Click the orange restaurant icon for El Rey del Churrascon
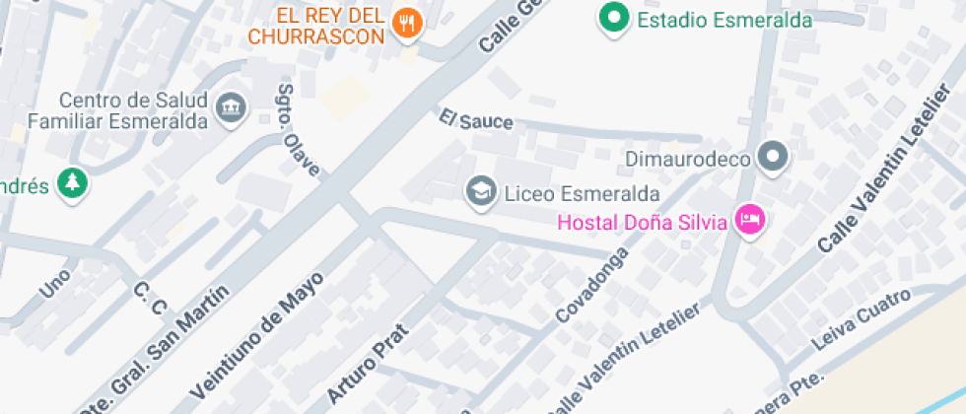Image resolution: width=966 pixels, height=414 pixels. (x=407, y=23)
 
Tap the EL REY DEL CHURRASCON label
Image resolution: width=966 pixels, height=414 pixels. (x=315, y=27)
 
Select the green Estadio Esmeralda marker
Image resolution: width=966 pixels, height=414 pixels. (x=616, y=19)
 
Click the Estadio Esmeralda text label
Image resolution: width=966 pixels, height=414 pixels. (x=724, y=20)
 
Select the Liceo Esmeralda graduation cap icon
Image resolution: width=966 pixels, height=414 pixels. (x=481, y=190)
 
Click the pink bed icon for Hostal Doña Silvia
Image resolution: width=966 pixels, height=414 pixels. (x=750, y=222)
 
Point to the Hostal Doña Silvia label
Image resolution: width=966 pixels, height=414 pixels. (x=642, y=222)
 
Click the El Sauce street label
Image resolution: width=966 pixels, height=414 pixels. (x=477, y=120)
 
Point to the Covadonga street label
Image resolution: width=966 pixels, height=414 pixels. (x=592, y=290)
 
